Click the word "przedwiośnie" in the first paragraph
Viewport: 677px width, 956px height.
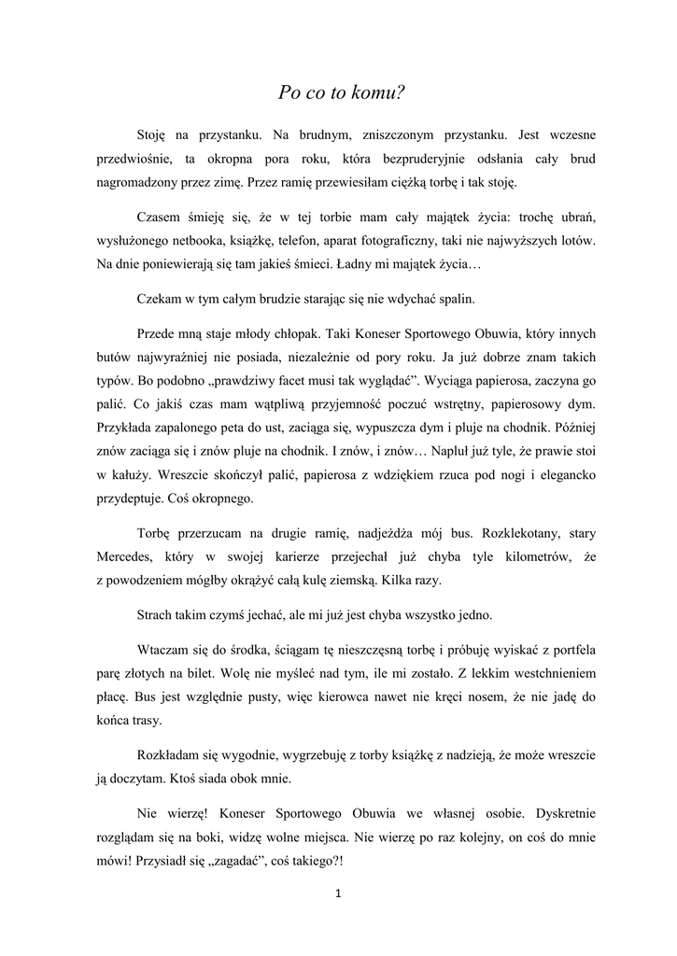(x=136, y=160)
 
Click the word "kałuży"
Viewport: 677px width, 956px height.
(x=126, y=476)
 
